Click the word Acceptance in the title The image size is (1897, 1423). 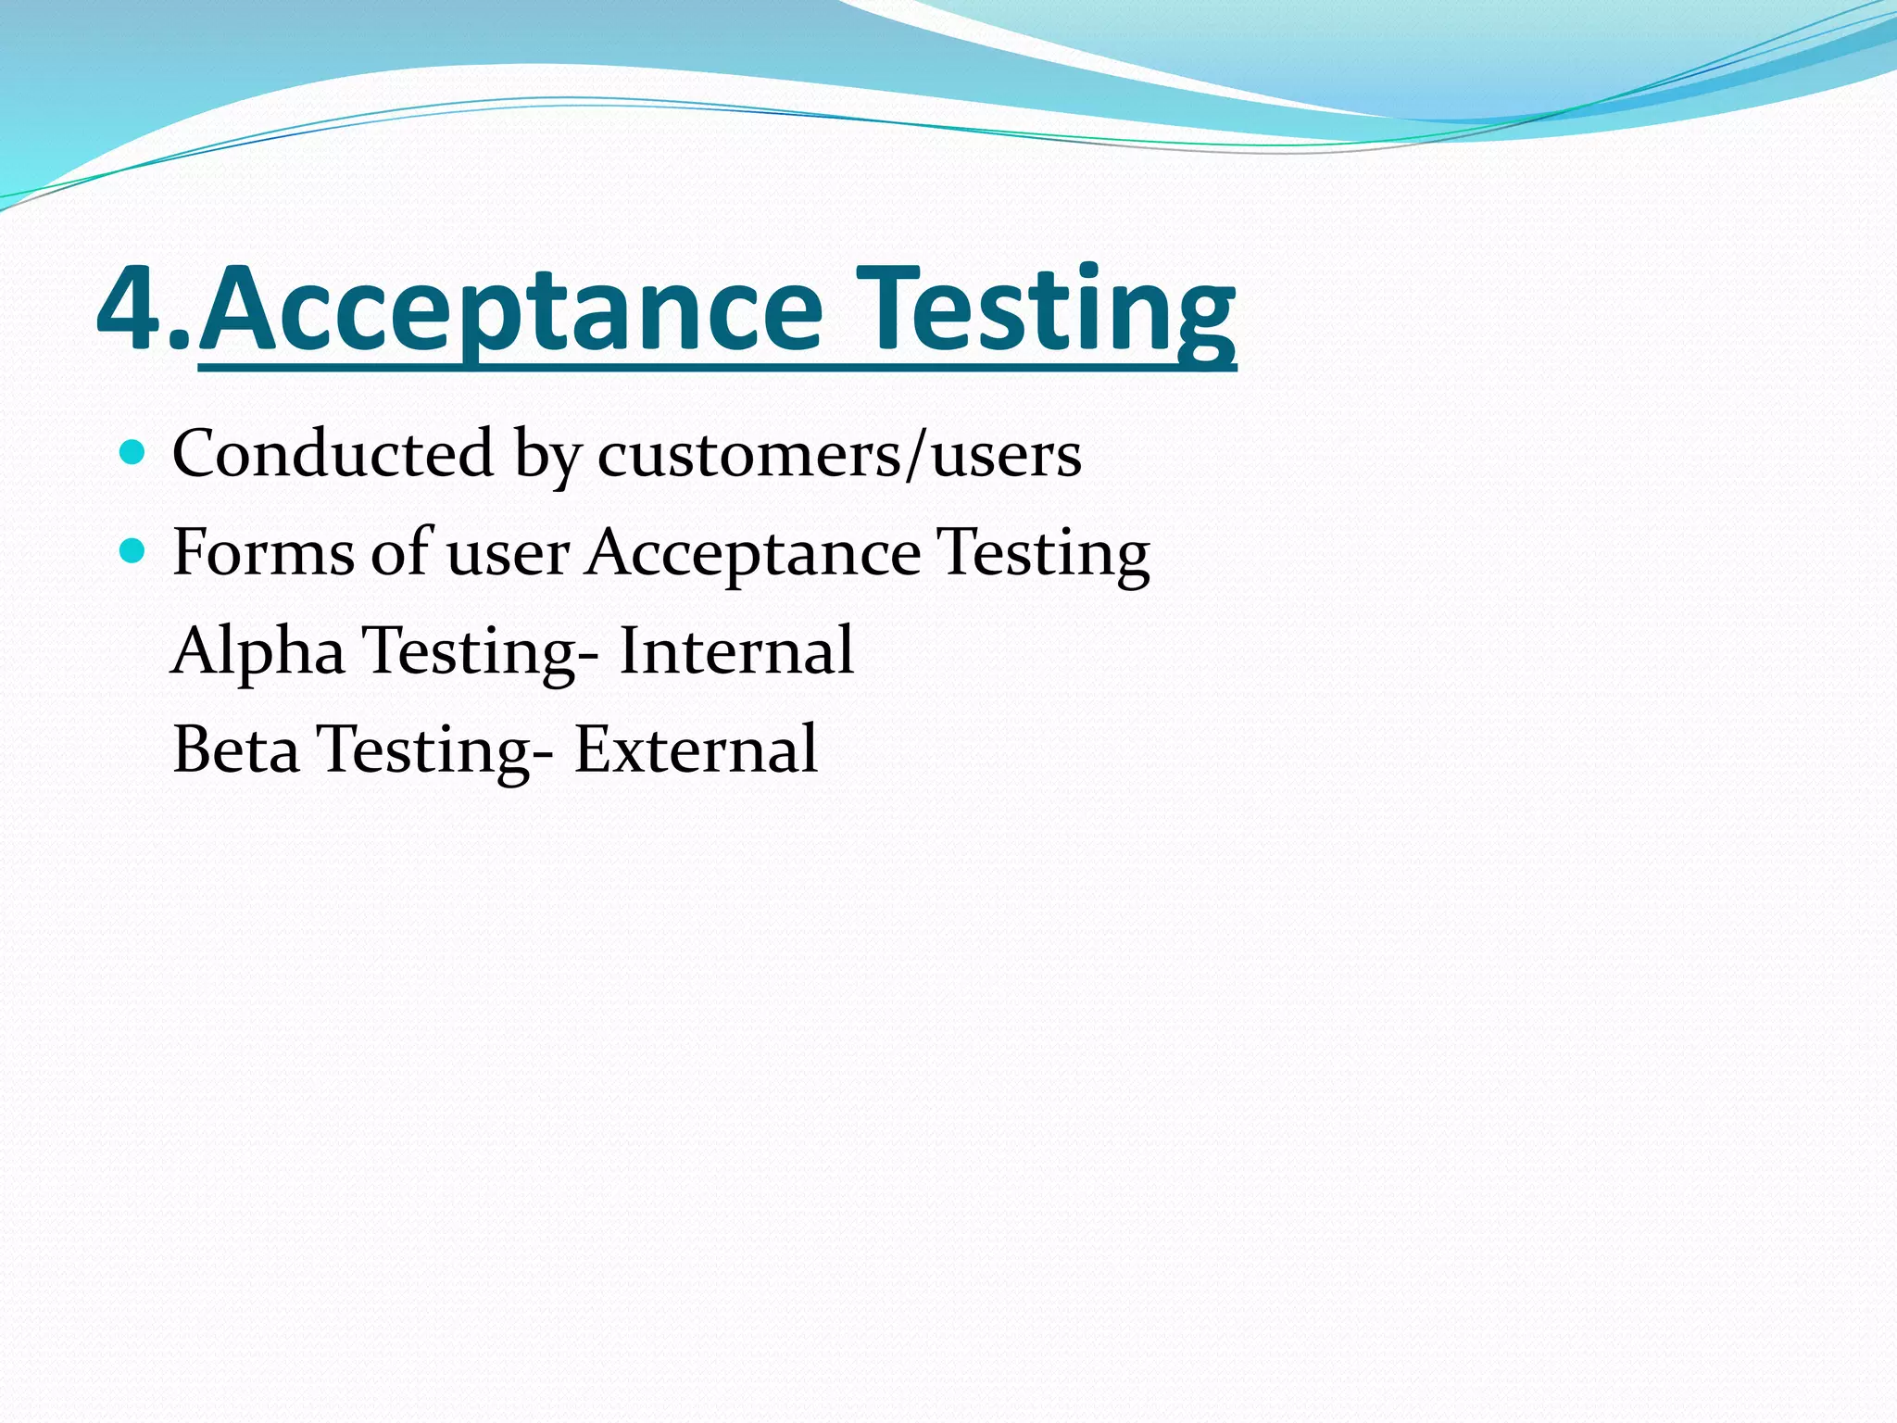510,309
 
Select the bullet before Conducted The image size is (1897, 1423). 133,453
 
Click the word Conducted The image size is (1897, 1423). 333,454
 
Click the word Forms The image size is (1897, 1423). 263,553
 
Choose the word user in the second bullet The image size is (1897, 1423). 508,555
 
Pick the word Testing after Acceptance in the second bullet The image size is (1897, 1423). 1043,555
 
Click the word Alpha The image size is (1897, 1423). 258,652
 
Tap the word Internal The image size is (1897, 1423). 736,651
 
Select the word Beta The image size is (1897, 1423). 236,749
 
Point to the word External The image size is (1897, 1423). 696,749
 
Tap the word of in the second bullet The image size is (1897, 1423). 401,553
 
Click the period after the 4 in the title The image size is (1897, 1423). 182,343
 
